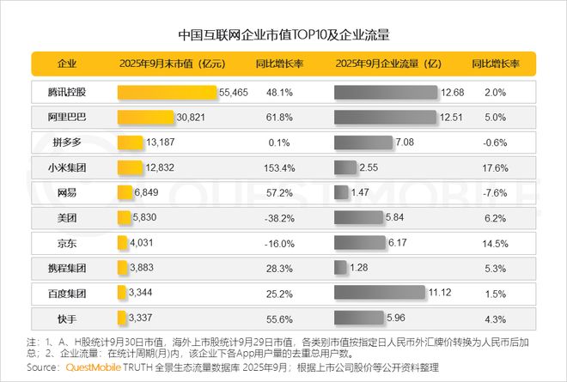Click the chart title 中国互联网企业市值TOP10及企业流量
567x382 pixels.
pyautogui.click(x=283, y=36)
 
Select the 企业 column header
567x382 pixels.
pyautogui.click(x=67, y=64)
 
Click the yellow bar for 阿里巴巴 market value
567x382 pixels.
pyautogui.click(x=145, y=117)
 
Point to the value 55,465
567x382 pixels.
pyautogui.click(x=235, y=92)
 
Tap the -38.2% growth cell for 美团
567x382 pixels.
pyautogui.click(x=277, y=218)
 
